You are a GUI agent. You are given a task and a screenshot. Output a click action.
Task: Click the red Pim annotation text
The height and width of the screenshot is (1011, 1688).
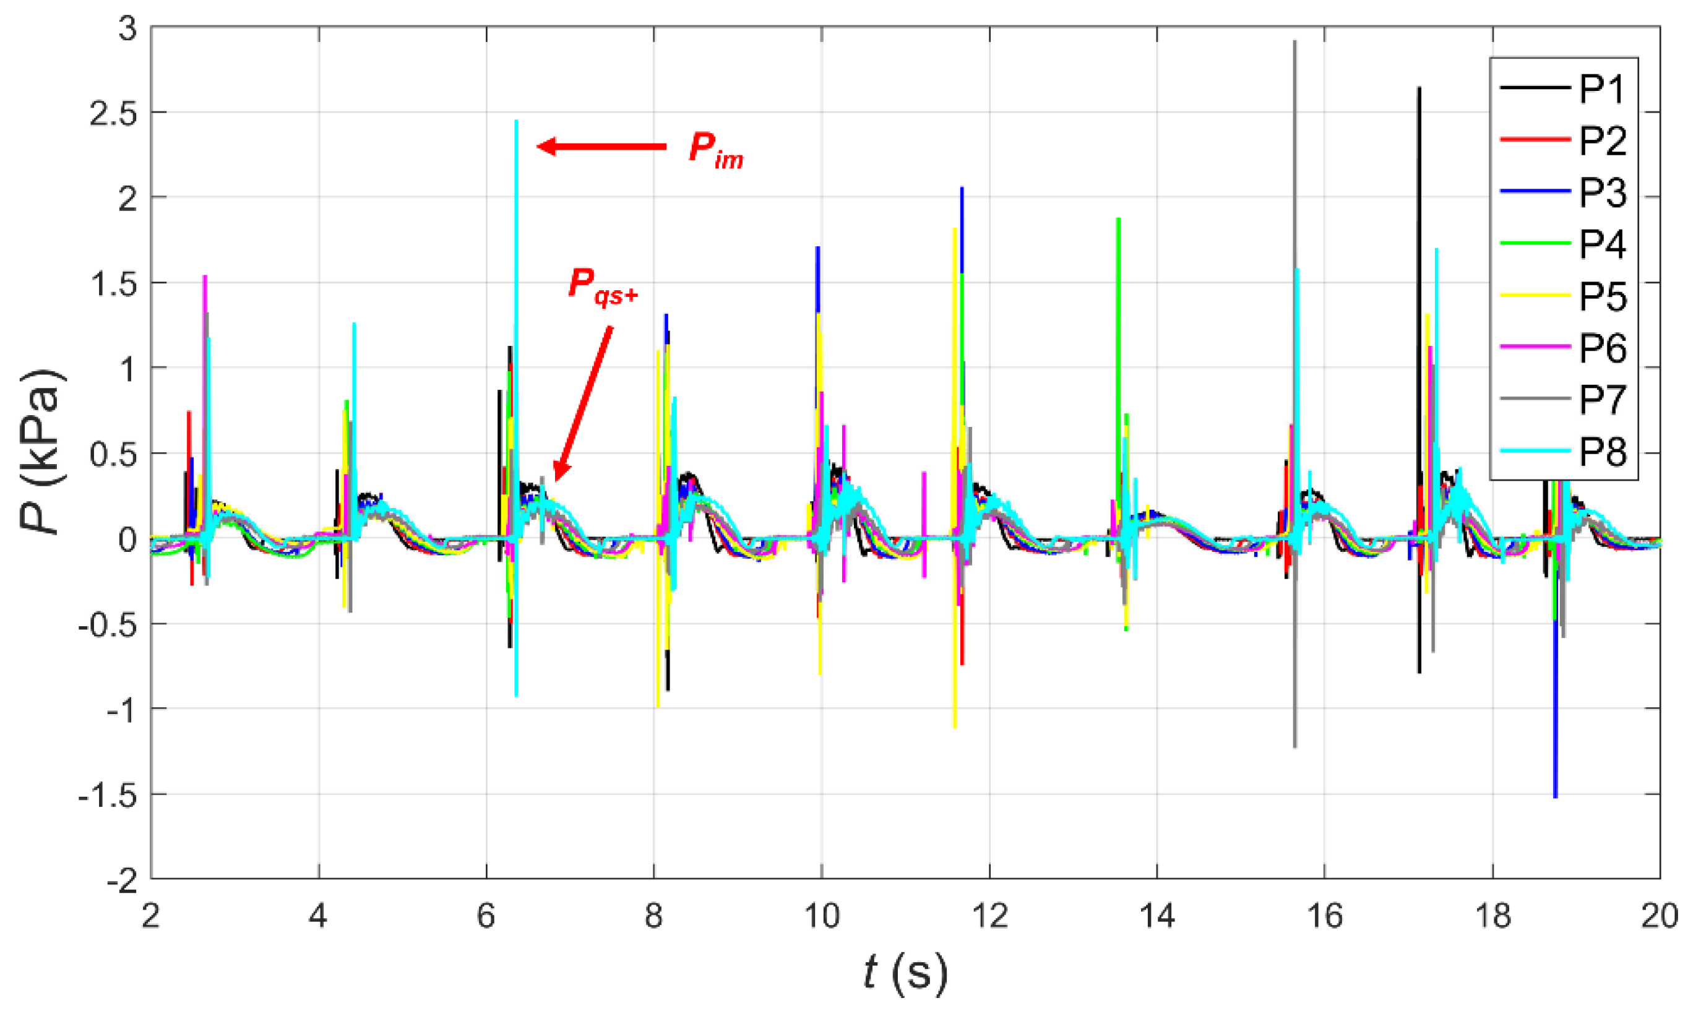(x=715, y=149)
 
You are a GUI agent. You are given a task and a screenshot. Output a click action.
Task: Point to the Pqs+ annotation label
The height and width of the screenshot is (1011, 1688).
(x=602, y=285)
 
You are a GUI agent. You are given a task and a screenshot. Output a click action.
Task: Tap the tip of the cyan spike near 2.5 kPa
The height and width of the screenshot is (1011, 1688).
(x=516, y=122)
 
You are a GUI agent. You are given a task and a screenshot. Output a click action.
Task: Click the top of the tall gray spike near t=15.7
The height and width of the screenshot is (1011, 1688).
(x=1294, y=42)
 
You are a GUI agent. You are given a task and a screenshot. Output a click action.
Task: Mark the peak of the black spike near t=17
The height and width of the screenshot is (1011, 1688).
(x=1419, y=88)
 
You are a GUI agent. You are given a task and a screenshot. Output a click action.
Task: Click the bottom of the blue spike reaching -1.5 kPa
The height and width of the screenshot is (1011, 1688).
(x=1555, y=796)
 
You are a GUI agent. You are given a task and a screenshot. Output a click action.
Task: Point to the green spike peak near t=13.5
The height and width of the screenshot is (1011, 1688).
(x=1118, y=220)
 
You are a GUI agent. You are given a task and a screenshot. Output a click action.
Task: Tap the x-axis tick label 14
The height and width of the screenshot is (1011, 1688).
(x=1156, y=917)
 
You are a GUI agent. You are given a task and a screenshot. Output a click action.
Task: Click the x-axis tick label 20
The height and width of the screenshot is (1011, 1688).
(x=1660, y=917)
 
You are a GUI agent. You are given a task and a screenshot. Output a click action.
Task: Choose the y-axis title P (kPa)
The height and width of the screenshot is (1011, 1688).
(x=42, y=453)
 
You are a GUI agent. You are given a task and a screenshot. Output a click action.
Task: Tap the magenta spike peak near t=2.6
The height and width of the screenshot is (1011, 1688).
(x=204, y=277)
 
